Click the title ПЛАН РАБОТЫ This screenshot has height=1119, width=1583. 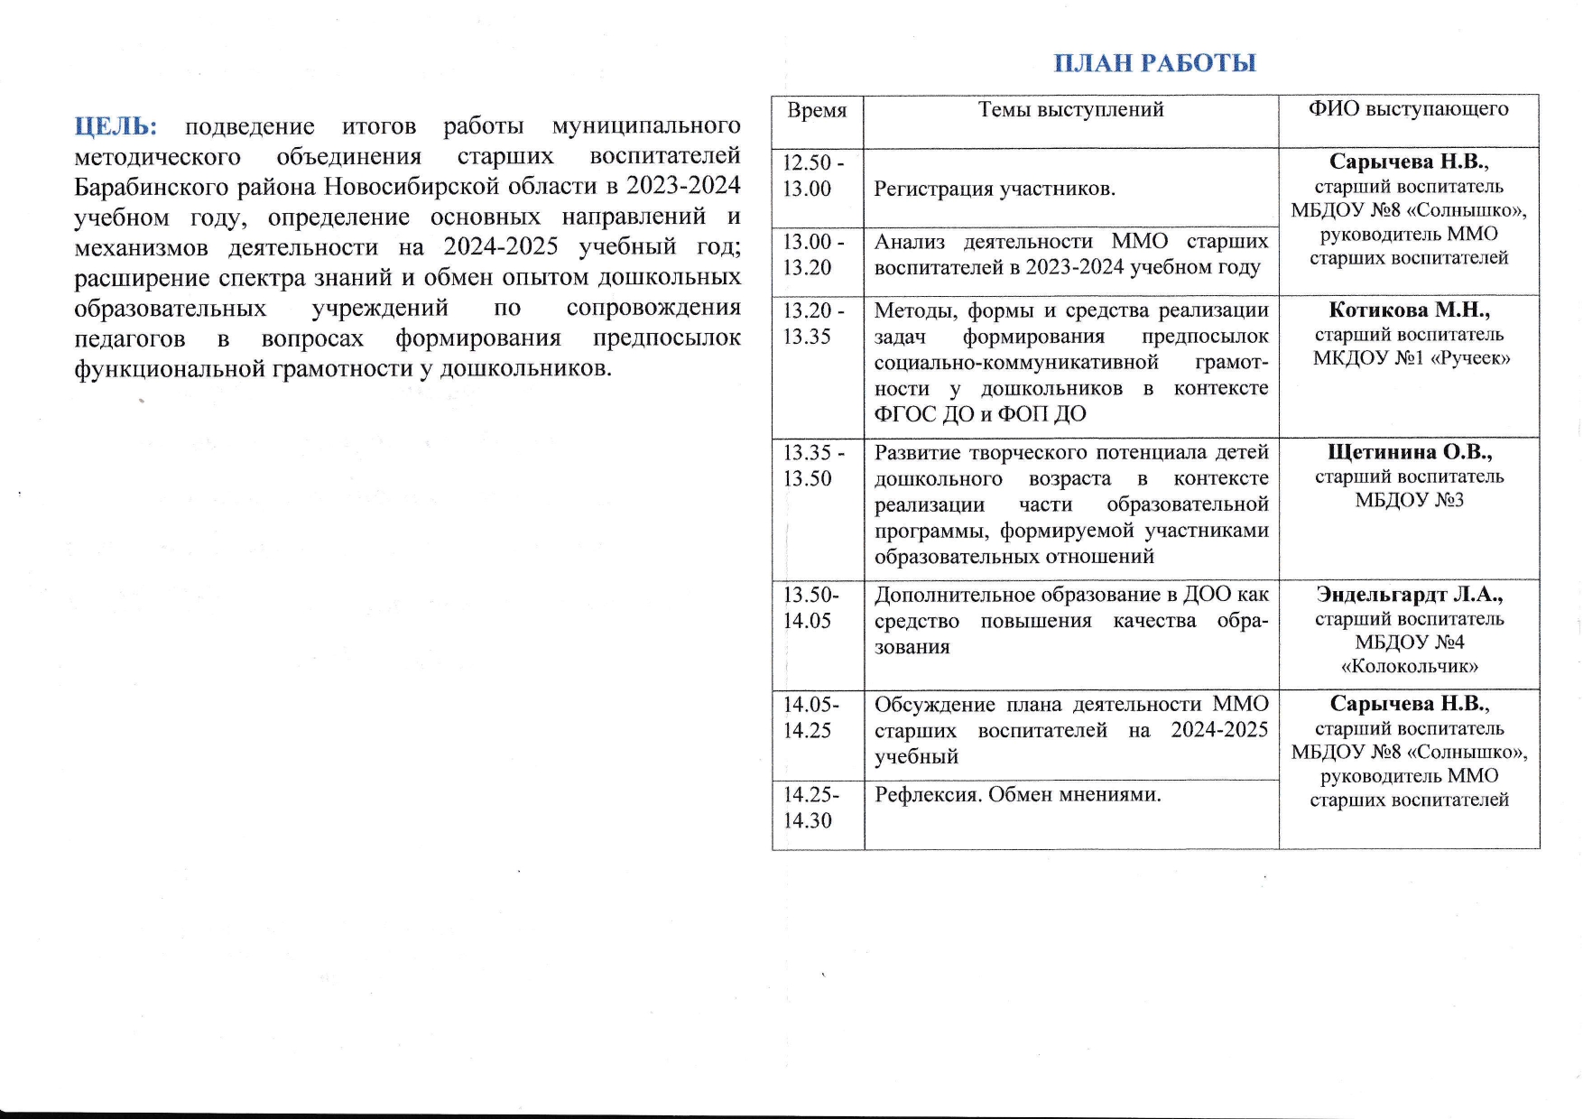(1154, 63)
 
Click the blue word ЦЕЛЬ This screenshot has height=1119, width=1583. (115, 125)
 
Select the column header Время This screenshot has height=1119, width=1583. (817, 111)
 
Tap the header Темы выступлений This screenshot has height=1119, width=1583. (1070, 110)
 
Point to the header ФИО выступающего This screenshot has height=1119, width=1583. (1408, 109)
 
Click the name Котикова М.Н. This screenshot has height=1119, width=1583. (1408, 310)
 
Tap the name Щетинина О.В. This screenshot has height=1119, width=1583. (1409, 452)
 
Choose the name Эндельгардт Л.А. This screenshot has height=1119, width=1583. (1409, 595)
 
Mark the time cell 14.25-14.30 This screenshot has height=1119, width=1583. (810, 808)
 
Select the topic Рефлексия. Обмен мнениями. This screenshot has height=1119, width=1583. (1017, 795)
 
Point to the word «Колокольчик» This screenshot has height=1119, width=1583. (1409, 667)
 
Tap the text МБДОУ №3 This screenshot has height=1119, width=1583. (1409, 500)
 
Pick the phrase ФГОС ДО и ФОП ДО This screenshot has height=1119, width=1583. (979, 414)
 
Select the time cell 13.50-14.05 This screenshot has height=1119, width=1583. (810, 607)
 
